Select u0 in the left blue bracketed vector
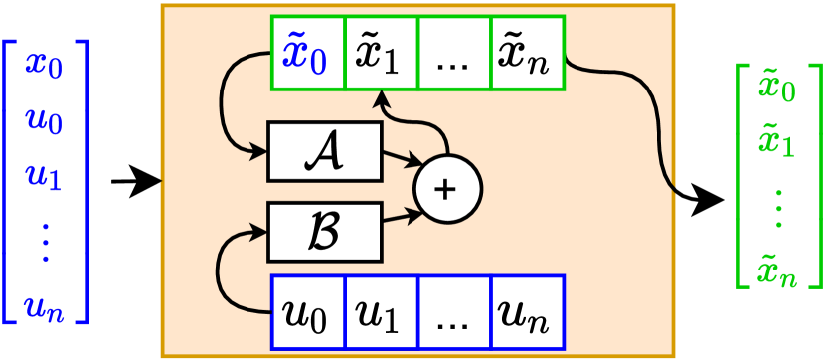[x=46, y=124]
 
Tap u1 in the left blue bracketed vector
[x=46, y=180]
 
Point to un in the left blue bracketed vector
[x=46, y=310]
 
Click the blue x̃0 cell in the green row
[x=307, y=51]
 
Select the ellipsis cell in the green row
[x=454, y=51]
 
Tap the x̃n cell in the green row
[x=528, y=51]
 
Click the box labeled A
[x=324, y=152]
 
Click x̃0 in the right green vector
[x=776, y=90]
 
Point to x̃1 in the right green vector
[x=776, y=144]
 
